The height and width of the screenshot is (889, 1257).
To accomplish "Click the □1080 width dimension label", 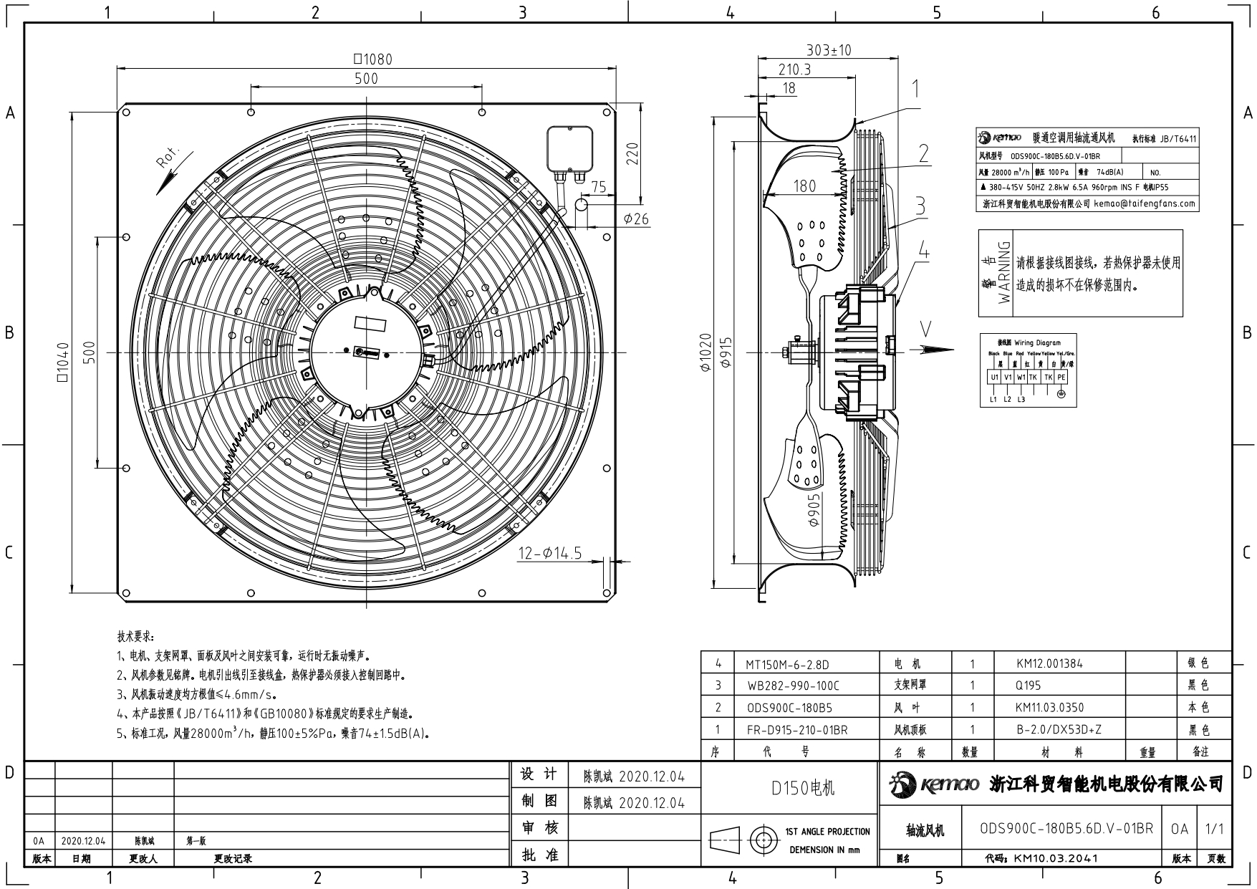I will (x=373, y=59).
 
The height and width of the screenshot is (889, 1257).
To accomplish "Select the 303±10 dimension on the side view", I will (x=828, y=50).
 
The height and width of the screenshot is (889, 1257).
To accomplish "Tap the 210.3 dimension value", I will (x=794, y=69).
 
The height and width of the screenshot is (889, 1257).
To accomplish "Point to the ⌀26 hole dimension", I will (x=636, y=219).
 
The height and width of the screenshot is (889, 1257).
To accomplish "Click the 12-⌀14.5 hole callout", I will (x=550, y=553).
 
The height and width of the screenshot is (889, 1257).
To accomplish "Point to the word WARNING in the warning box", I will (x=1004, y=272).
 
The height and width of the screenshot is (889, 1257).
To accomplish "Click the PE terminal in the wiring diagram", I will (x=1061, y=377).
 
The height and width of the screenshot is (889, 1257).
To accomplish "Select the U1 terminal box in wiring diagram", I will (x=994, y=377).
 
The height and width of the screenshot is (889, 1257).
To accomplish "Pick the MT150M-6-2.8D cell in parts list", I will (x=791, y=663).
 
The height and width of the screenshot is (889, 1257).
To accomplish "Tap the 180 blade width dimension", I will (x=804, y=186).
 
